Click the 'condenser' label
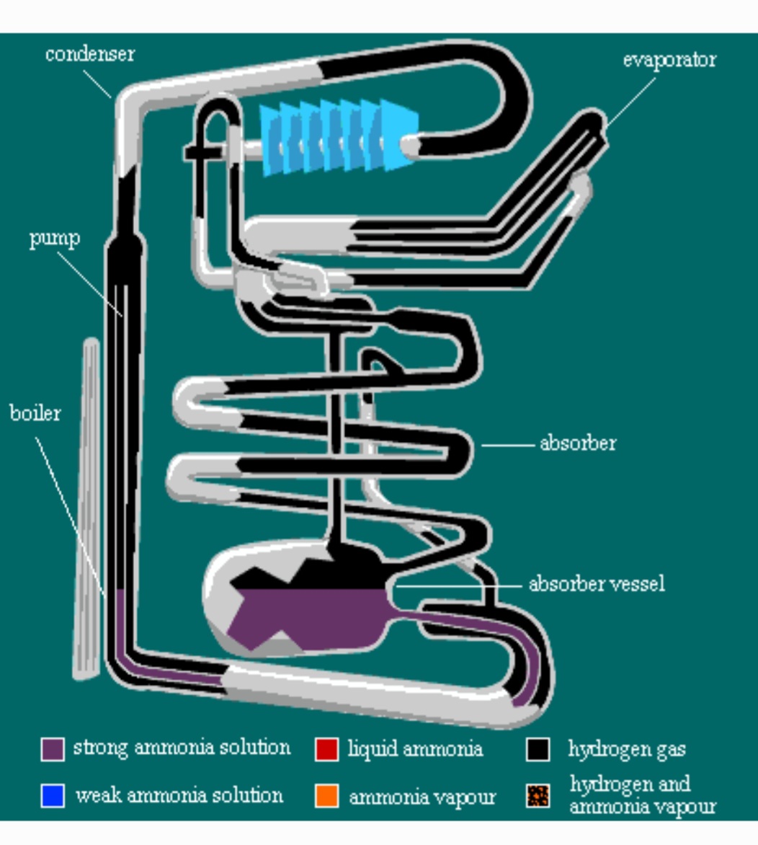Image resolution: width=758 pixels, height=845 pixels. tap(90, 54)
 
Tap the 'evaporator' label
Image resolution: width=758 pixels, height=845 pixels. tap(669, 61)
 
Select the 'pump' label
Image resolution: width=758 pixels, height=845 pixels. tap(55, 238)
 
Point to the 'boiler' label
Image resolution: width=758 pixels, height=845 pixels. tap(35, 413)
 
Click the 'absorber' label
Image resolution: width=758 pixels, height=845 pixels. tap(578, 443)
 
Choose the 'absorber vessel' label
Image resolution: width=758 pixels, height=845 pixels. tap(597, 583)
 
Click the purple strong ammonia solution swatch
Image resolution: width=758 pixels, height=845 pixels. tap(53, 749)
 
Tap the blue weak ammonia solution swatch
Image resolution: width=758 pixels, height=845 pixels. tap(53, 795)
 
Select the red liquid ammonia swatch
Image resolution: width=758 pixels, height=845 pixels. tap(327, 749)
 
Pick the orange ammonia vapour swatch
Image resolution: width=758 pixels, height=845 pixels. tap(327, 795)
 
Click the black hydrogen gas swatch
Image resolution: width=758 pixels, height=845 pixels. tap(538, 749)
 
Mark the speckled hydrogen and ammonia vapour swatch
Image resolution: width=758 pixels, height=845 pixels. tap(538, 795)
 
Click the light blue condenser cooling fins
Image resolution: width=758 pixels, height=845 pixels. tap(339, 137)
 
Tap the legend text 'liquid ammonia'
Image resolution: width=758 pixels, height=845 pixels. tap(415, 749)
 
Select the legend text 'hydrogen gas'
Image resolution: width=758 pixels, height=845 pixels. tap(627, 749)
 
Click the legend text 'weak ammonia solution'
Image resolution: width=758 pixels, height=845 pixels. tap(179, 795)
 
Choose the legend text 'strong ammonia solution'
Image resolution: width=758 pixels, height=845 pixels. tap(182, 748)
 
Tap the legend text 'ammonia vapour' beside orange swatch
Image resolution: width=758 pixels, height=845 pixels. tap(422, 797)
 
